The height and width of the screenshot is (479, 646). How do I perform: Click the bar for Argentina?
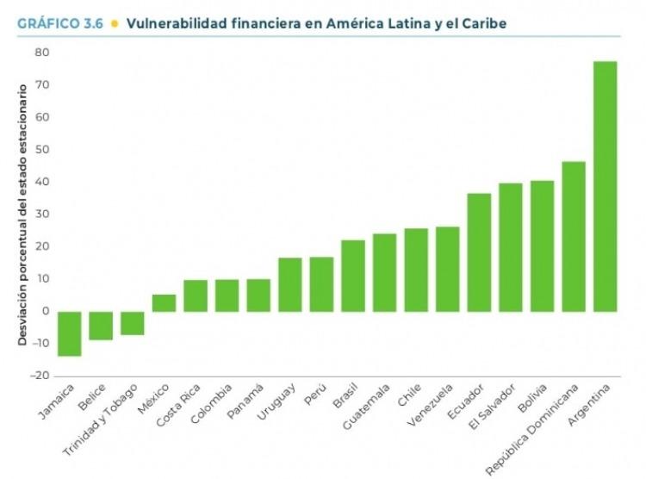pos(606,186)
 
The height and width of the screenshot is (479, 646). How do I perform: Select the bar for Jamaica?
pos(70,333)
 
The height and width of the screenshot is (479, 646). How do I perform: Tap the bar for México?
pos(164,303)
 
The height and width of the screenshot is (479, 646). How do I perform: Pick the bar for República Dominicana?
pos(574,236)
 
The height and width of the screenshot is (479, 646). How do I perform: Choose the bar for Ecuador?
pos(479,252)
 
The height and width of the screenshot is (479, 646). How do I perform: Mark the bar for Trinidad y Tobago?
pos(133,323)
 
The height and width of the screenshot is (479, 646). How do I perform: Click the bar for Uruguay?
pos(289,284)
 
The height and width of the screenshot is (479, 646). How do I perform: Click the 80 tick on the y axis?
pos(42,53)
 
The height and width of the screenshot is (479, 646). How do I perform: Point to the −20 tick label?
pos(40,376)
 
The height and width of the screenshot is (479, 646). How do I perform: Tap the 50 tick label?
pos(42,150)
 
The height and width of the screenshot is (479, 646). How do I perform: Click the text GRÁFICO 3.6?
pos(59,23)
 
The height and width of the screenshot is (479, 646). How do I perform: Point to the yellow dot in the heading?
pos(115,23)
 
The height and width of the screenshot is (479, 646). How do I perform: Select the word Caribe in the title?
pos(483,23)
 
